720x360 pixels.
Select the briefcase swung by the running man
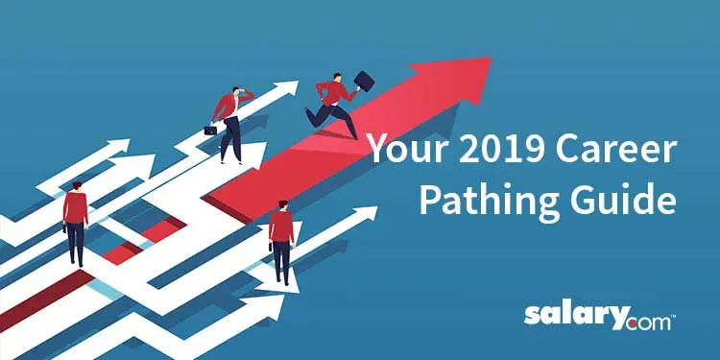[364, 81]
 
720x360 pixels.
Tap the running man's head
[336, 78]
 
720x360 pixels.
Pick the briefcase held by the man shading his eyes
[210, 129]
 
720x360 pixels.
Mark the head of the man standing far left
[75, 185]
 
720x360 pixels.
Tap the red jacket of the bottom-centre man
[281, 227]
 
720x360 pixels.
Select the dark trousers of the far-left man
[76, 243]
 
